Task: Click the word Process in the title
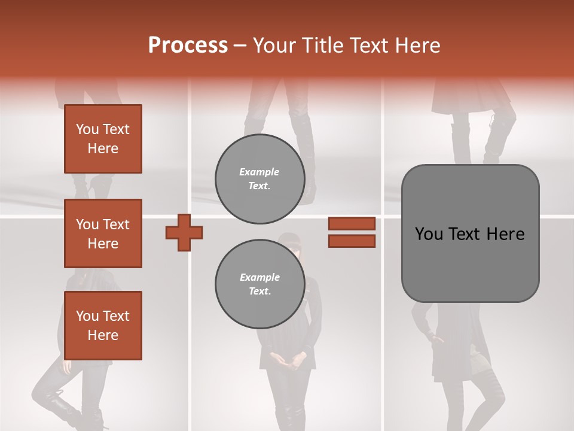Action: point(188,45)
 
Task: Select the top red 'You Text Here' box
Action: point(103,139)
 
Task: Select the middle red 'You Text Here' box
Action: point(103,233)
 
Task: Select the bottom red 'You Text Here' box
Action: point(103,325)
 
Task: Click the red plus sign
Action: point(184,232)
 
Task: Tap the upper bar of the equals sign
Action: point(352,223)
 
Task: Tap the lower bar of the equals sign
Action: point(352,241)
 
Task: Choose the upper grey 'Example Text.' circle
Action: point(259,178)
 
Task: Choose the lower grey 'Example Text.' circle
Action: point(259,284)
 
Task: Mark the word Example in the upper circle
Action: point(259,172)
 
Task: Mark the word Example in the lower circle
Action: point(259,278)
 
